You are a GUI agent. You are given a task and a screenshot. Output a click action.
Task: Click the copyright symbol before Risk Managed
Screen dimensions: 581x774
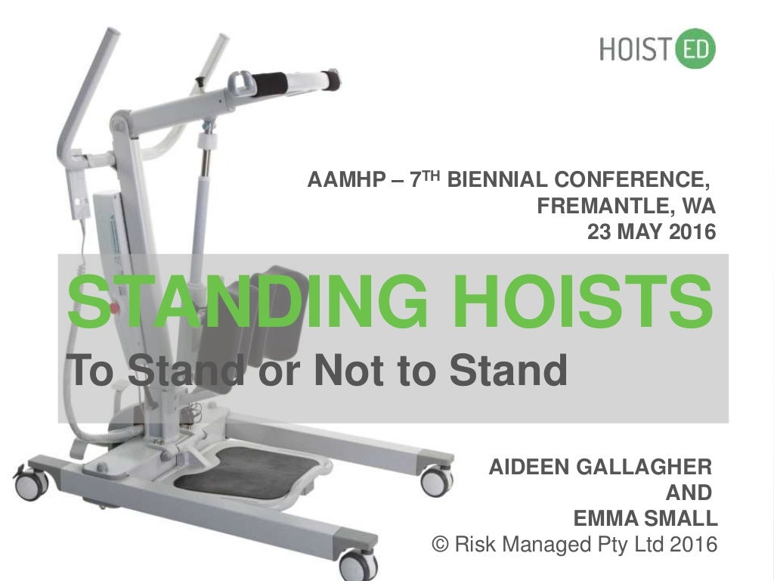pos(438,544)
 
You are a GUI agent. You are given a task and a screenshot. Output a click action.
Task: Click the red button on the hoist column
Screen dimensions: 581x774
pos(116,308)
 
